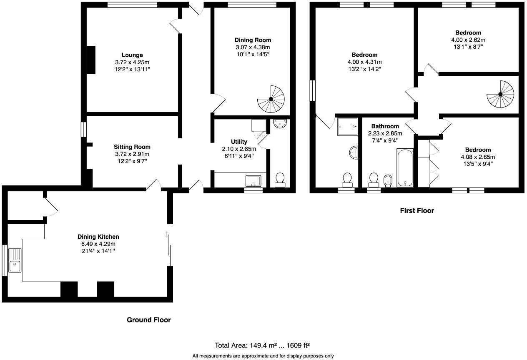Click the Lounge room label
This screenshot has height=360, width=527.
point(132,55)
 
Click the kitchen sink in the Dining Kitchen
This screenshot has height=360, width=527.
point(15,260)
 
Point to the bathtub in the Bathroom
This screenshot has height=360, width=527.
point(405,167)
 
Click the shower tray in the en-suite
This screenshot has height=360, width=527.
point(348,126)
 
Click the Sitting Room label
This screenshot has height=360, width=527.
point(132,147)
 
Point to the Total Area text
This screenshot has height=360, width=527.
point(262,345)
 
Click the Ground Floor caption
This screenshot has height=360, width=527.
point(148,320)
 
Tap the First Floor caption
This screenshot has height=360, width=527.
point(417,210)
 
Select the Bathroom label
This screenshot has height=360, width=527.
point(385,126)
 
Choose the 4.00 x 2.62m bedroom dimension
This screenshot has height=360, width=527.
point(468,40)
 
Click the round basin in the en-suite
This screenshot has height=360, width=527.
point(354,152)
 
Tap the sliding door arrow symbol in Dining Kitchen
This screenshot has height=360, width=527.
point(167,235)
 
